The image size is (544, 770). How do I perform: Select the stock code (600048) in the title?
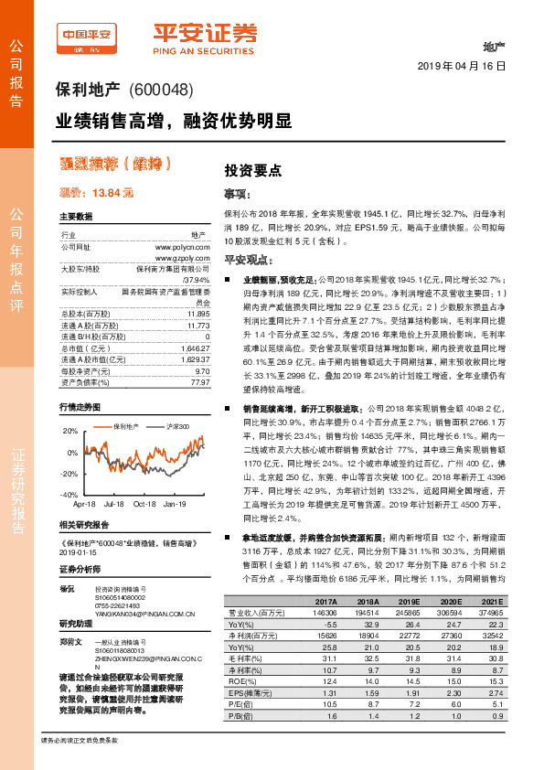159,91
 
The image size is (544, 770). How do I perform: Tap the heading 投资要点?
253,170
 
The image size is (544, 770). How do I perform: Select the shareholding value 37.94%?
197,280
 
